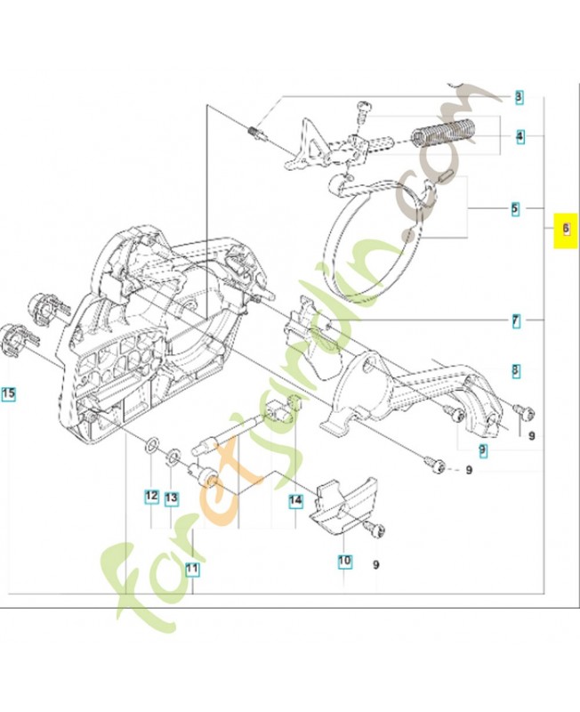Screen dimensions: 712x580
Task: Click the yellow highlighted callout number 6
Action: pyautogui.click(x=563, y=230)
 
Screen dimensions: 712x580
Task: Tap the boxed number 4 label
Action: pyautogui.click(x=518, y=137)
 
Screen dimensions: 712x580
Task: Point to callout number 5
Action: pyautogui.click(x=514, y=210)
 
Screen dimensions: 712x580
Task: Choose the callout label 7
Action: pyautogui.click(x=514, y=319)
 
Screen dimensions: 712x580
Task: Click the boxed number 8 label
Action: pyautogui.click(x=514, y=369)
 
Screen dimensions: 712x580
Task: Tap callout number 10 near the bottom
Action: pyautogui.click(x=344, y=562)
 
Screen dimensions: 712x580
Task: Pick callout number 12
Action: pyautogui.click(x=152, y=496)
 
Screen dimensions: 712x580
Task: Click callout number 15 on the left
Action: pyautogui.click(x=8, y=392)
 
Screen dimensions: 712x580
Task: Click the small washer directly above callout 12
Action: pyautogui.click(x=152, y=442)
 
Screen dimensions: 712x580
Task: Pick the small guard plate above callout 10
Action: pyautogui.click(x=342, y=505)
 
